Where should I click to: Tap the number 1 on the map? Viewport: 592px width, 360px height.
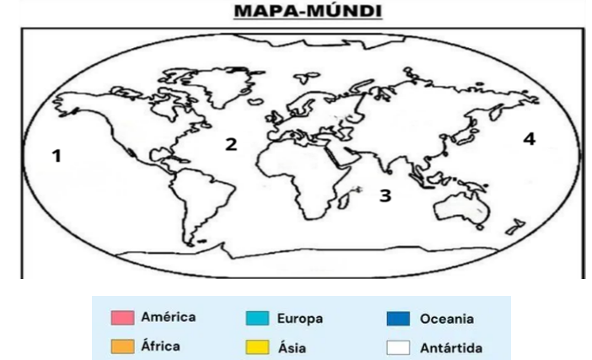[57, 155]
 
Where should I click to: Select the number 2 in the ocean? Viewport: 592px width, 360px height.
[230, 144]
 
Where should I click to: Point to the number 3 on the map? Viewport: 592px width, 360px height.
[385, 196]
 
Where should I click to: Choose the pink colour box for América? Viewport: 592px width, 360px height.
[122, 319]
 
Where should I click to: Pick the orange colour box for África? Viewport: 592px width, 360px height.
[122, 346]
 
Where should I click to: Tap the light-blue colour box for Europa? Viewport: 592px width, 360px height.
[257, 319]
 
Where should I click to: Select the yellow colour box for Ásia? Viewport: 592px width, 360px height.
[257, 347]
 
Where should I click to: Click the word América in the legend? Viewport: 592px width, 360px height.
[169, 318]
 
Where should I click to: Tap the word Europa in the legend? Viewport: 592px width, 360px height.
[299, 319]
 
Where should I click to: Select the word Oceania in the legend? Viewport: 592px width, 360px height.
[446, 319]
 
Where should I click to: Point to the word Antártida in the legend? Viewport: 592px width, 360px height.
[451, 347]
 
